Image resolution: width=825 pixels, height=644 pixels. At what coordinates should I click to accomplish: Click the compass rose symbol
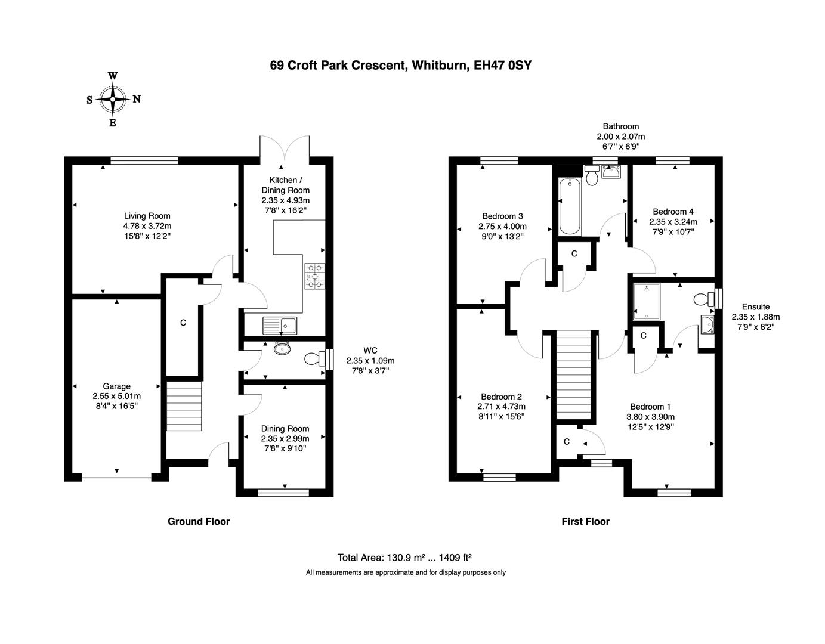click(112, 99)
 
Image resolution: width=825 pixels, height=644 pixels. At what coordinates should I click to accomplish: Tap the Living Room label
click(147, 216)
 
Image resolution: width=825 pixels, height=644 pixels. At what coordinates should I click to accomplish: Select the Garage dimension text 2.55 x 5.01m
click(116, 396)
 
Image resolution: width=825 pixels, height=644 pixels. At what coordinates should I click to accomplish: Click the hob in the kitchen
click(314, 277)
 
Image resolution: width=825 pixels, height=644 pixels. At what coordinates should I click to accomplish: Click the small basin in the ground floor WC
click(281, 348)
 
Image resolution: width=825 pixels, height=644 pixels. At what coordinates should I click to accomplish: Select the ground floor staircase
click(184, 406)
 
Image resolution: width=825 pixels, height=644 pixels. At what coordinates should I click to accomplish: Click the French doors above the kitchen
click(285, 147)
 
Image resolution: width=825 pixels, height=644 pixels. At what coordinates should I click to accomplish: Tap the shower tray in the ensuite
click(646, 301)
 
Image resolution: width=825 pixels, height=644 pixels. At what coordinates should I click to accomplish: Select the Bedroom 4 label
click(673, 212)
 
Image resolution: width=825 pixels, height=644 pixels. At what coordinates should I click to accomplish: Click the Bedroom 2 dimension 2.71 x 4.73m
click(501, 407)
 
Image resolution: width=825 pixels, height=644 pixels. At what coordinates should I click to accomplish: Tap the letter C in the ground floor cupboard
click(183, 323)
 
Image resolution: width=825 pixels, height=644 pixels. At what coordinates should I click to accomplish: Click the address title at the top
click(400, 66)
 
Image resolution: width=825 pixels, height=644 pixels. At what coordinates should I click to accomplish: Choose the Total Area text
click(404, 558)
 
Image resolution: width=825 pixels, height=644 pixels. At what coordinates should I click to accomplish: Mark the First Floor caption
click(585, 521)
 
